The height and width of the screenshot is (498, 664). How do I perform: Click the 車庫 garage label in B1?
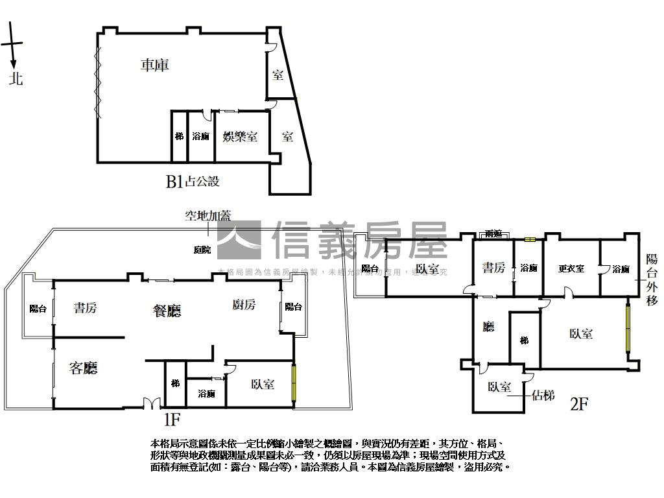(154, 65)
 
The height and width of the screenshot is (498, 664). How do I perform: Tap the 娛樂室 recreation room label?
(240, 137)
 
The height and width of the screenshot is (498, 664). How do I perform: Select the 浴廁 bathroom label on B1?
(201, 137)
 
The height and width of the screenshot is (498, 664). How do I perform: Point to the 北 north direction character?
(16, 79)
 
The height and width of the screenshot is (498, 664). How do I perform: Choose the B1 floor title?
(174, 182)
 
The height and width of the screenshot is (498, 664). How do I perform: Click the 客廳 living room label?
(83, 369)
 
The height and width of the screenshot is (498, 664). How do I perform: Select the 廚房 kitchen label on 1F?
(243, 305)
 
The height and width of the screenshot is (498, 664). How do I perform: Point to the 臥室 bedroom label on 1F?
(262, 384)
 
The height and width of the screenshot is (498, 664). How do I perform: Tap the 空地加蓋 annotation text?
(208, 216)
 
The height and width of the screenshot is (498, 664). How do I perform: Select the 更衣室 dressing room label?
(571, 268)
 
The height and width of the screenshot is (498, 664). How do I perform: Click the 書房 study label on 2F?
(493, 267)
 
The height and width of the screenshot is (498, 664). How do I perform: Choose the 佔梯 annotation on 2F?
(543, 395)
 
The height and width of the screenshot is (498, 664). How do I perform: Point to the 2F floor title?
(579, 405)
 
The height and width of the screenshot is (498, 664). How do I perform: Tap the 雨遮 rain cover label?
(493, 234)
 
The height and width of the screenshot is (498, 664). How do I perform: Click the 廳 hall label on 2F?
(488, 327)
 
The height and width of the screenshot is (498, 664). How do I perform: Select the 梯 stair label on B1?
(179, 137)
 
